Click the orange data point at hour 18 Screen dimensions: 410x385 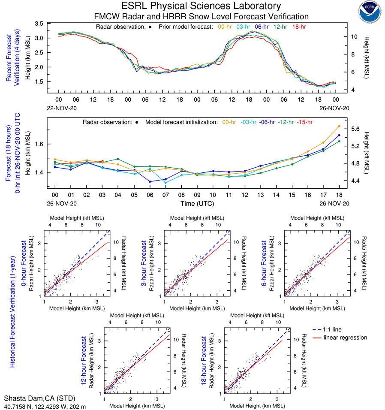[x=339, y=126]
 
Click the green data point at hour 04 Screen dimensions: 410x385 [x=118, y=159]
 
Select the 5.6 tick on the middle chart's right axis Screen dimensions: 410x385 [x=356, y=129]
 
